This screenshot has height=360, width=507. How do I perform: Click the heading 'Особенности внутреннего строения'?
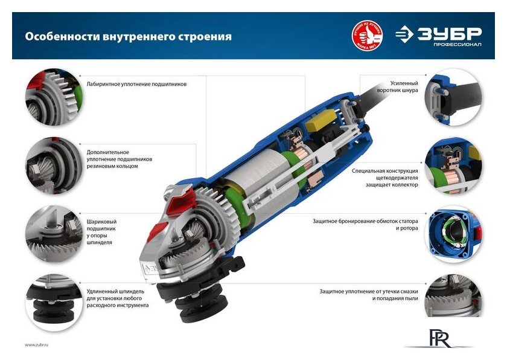point(128,37)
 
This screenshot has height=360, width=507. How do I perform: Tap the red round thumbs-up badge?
point(368,36)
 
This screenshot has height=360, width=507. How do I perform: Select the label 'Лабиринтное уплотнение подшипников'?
point(136,84)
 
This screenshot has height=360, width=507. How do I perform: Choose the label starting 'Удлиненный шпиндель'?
point(116,298)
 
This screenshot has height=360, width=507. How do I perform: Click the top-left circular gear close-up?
point(51,97)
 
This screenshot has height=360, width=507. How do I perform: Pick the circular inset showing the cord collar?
point(453,97)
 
